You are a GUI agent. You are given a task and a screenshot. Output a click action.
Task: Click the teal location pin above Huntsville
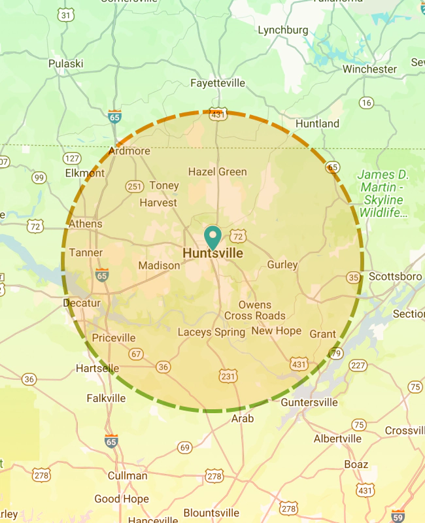[213, 235]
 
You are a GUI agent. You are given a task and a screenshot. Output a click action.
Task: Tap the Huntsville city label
[213, 253]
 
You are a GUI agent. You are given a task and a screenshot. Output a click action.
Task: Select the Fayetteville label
[218, 83]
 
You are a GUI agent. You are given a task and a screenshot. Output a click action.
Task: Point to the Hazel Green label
[218, 172]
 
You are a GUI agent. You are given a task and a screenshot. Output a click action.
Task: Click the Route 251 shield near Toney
[135, 186]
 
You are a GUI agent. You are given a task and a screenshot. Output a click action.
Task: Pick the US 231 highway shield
[228, 376]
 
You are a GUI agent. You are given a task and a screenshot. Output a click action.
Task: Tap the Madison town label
[159, 265]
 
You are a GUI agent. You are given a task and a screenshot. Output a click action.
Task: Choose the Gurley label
[282, 265]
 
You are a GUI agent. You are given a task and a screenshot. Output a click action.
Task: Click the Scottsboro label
[395, 276]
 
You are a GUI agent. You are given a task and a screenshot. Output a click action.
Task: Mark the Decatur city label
[82, 303]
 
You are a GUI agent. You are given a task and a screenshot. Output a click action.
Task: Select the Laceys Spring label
[211, 332]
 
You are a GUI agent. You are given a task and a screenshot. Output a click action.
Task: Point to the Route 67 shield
[136, 354]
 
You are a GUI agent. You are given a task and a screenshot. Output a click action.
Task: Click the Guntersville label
[309, 402]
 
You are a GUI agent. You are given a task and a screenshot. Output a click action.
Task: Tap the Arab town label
[243, 418]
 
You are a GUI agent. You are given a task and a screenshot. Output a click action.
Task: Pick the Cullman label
[127, 476]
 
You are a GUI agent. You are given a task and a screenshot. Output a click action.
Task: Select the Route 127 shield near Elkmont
[72, 159]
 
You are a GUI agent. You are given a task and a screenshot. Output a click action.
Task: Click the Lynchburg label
[283, 30]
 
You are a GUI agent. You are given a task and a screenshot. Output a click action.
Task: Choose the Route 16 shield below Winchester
[366, 103]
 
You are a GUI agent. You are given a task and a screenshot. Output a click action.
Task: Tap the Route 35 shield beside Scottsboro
[354, 278]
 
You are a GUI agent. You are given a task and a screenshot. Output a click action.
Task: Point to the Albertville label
[338, 439]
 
